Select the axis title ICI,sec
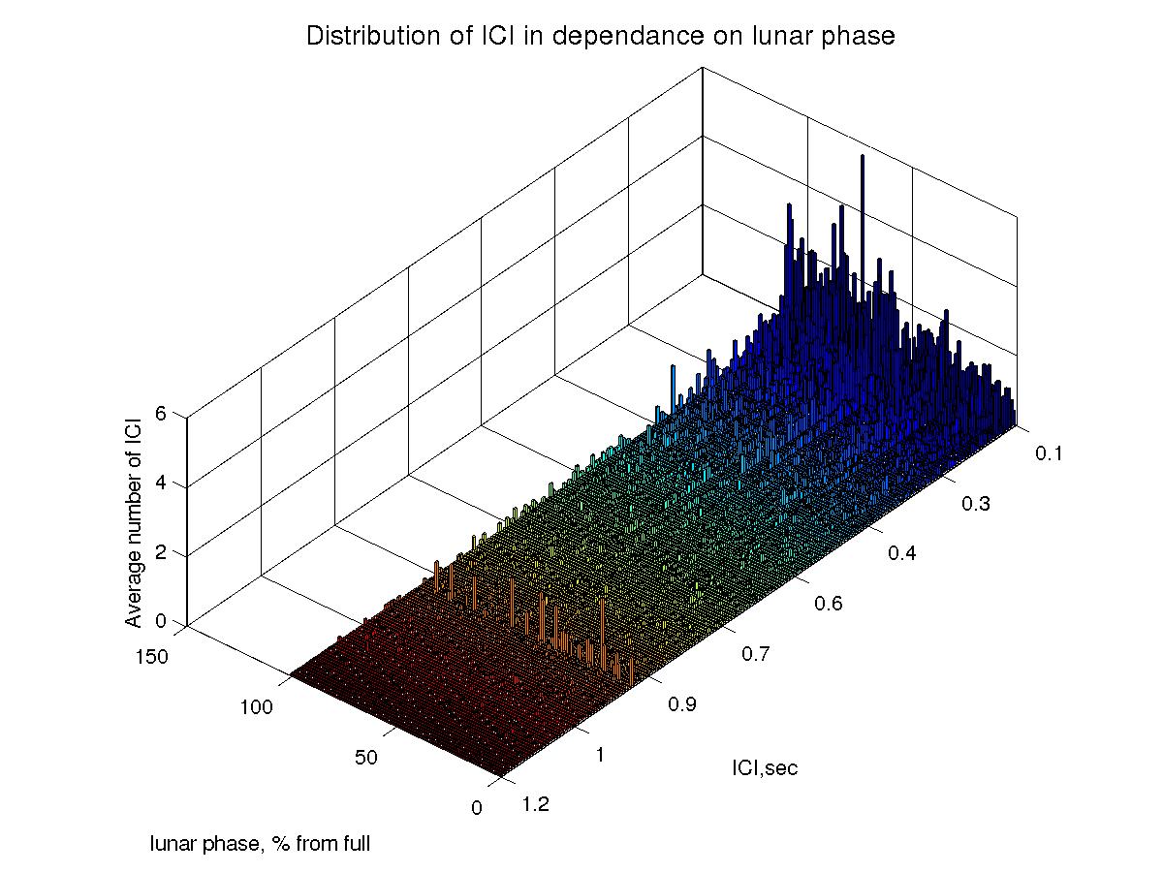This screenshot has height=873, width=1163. click(765, 768)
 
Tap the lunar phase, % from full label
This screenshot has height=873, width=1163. click(260, 844)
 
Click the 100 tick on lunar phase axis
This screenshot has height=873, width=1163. click(257, 708)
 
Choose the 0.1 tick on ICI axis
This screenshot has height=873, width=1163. click(1050, 452)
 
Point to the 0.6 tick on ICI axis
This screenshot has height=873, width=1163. click(829, 603)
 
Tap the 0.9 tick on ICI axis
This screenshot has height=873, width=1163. click(683, 704)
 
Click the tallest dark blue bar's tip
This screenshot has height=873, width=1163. click(862, 155)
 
